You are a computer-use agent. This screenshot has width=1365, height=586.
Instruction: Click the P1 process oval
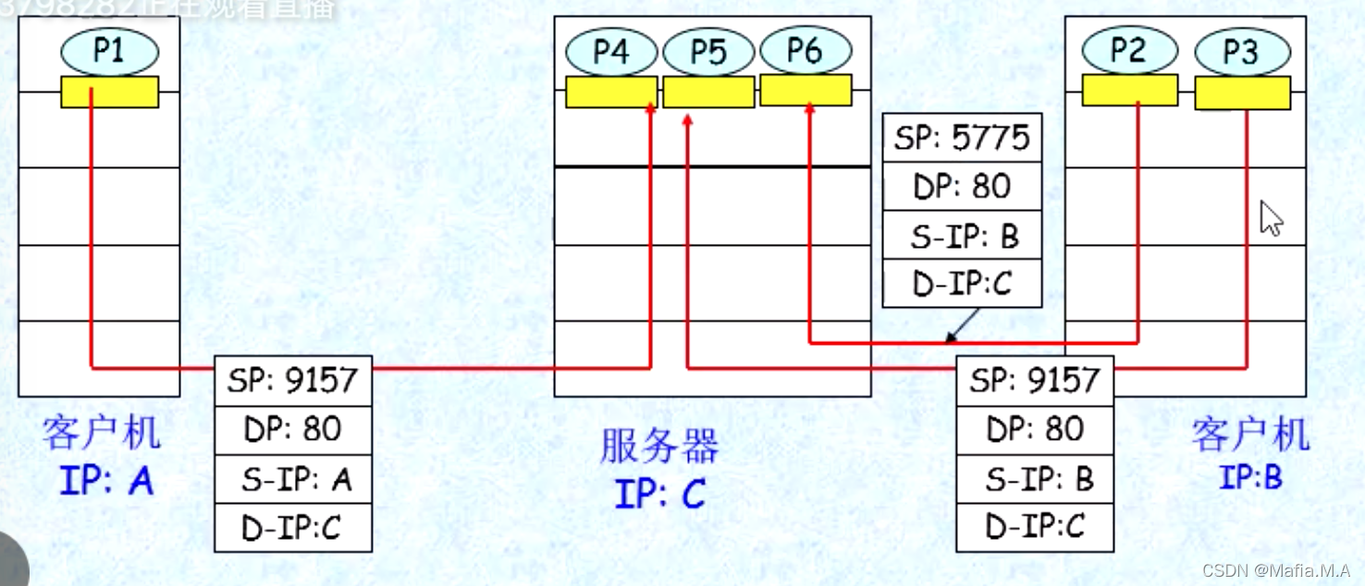[x=110, y=51]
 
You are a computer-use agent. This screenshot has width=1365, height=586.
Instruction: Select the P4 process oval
[x=611, y=52]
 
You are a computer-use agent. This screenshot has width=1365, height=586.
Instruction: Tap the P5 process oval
[x=709, y=52]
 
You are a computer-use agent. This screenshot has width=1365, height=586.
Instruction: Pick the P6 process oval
[x=805, y=51]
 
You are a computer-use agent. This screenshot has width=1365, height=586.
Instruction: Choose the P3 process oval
[x=1241, y=52]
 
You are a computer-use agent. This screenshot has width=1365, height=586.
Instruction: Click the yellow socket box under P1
[x=110, y=92]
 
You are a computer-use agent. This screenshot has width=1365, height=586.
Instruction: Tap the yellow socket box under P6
[x=805, y=91]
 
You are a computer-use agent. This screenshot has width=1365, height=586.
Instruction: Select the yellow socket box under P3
[x=1242, y=93]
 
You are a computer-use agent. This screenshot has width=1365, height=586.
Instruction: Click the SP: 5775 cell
[x=962, y=138]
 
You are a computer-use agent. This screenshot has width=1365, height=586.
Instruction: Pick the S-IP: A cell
[x=292, y=479]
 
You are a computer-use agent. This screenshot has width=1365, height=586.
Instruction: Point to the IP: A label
[x=106, y=481]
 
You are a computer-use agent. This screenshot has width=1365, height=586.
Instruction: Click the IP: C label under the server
[x=660, y=494]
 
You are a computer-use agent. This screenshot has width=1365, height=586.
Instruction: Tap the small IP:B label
[x=1250, y=478]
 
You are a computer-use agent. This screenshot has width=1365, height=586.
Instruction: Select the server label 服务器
[x=659, y=448]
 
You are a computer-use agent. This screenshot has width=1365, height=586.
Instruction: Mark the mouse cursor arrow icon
[x=1272, y=219]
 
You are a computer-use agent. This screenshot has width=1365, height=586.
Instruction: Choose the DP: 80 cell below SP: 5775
[x=962, y=187]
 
